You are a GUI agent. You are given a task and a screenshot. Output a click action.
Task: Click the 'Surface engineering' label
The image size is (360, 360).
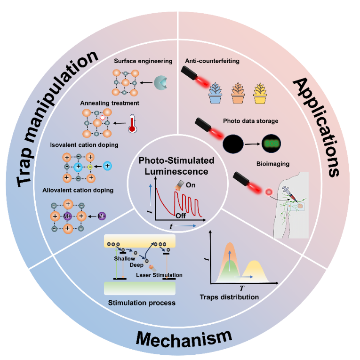[143, 61]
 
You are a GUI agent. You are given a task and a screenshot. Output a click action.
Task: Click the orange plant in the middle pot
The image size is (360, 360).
[238, 87]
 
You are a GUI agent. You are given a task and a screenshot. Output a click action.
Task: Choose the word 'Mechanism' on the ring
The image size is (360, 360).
[184, 338]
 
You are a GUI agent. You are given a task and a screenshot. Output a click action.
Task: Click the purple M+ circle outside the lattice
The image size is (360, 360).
[102, 216]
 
